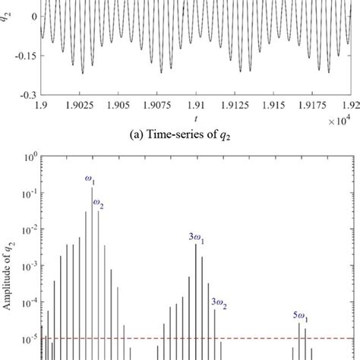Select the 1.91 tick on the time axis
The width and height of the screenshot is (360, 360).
[x=197, y=106]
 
